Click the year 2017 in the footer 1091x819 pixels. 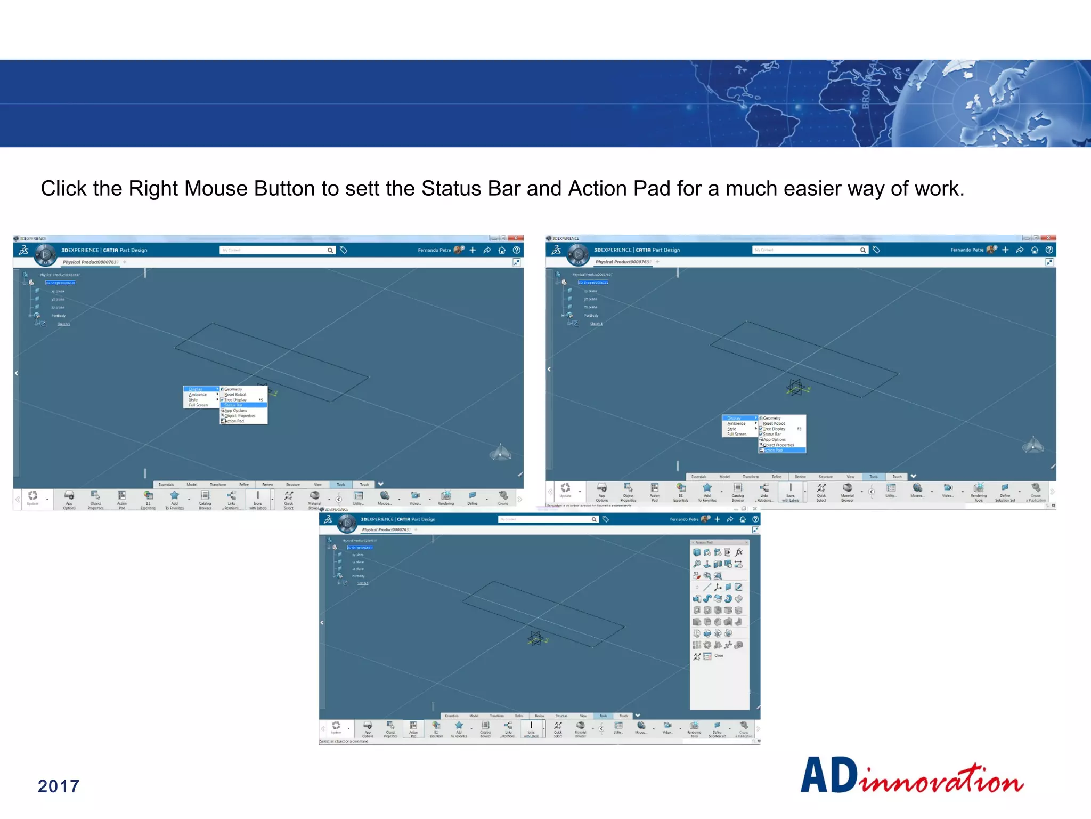pos(59,786)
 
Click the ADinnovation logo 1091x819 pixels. pos(911,776)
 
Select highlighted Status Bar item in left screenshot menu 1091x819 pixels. pos(243,405)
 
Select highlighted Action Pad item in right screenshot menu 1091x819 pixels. pos(781,451)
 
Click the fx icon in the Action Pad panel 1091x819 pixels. pos(739,552)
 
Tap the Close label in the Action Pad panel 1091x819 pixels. pos(719,656)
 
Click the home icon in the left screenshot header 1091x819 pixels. pos(502,250)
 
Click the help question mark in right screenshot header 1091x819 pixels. pos(1049,250)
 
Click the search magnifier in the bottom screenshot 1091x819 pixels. pos(594,519)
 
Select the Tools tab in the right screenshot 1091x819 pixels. pos(874,477)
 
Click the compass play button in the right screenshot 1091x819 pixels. pos(578,255)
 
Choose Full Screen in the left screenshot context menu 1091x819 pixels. pos(198,405)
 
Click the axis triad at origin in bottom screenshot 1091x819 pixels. pos(536,638)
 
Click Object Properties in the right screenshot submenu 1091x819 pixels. pos(778,445)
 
